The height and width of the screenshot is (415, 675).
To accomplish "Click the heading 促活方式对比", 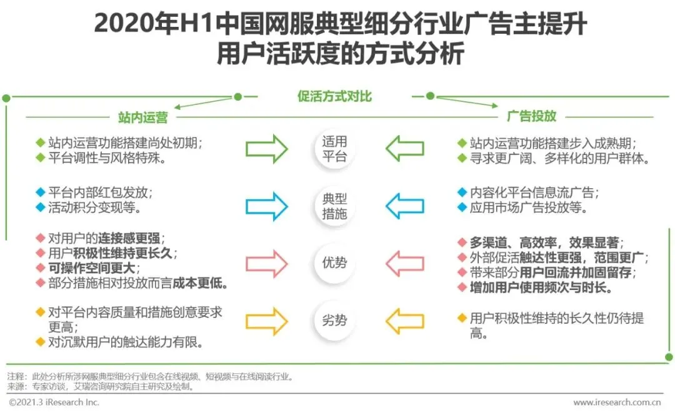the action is tap(334, 96).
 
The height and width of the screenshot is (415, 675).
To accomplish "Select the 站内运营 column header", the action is tap(142, 117).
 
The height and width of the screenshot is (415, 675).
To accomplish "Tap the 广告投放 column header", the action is tap(531, 117).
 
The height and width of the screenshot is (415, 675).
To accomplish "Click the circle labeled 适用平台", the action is tap(334, 149).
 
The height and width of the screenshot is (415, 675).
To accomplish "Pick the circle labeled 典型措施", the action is tap(334, 207).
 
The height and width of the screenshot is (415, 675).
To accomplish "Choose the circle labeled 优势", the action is tap(334, 262).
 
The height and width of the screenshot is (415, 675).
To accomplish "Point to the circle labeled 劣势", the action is tap(334, 321).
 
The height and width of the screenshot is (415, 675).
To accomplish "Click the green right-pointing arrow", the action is tap(266, 149).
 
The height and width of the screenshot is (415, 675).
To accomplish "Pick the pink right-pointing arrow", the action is tap(266, 263).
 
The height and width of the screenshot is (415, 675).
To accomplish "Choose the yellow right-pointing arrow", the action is tap(266, 321).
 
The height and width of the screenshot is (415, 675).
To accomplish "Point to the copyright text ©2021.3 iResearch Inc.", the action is tap(54, 402).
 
